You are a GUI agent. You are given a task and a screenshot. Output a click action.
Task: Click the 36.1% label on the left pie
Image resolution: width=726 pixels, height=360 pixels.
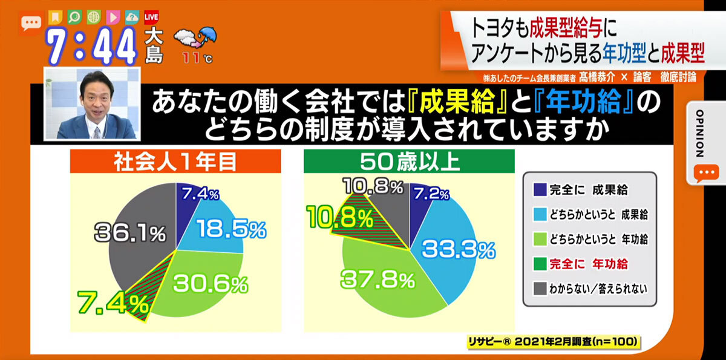pos(130,233)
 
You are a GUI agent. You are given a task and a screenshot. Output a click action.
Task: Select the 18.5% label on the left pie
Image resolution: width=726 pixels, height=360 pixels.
pos(231,229)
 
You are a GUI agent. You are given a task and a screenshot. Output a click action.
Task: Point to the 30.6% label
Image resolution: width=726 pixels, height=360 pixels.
pos(211,284)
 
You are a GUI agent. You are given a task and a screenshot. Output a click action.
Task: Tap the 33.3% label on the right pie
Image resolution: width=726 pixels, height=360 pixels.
pos(459,250)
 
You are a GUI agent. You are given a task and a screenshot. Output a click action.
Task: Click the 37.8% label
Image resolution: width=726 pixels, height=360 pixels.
pos(378,280)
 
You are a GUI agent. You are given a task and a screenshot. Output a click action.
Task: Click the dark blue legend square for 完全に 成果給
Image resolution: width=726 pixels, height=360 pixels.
pos(540,189)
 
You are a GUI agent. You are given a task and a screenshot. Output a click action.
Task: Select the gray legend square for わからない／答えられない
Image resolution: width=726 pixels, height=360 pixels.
pos(540,289)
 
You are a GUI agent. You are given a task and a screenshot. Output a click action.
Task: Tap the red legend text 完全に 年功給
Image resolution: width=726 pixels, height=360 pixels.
pos(589,264)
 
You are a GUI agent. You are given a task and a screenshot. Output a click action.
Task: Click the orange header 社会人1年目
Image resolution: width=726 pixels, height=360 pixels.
pos(175,162)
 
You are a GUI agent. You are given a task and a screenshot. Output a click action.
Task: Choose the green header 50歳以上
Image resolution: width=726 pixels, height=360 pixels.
pos(409,162)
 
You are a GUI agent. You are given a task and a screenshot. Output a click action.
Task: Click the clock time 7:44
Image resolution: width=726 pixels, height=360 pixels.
pos(91,47)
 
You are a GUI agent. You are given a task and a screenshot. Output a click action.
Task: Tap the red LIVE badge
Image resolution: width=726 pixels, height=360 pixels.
pos(151,17)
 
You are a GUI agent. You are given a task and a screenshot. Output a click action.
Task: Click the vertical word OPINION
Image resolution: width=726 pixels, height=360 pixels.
pos(700,134)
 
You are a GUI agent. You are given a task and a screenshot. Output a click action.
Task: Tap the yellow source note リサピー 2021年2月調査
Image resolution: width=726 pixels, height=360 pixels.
pos(554,341)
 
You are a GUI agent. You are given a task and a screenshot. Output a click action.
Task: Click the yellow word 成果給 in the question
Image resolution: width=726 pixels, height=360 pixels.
pos(457,102)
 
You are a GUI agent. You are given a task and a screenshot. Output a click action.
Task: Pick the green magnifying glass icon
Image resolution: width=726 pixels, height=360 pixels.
pos(74,17)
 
